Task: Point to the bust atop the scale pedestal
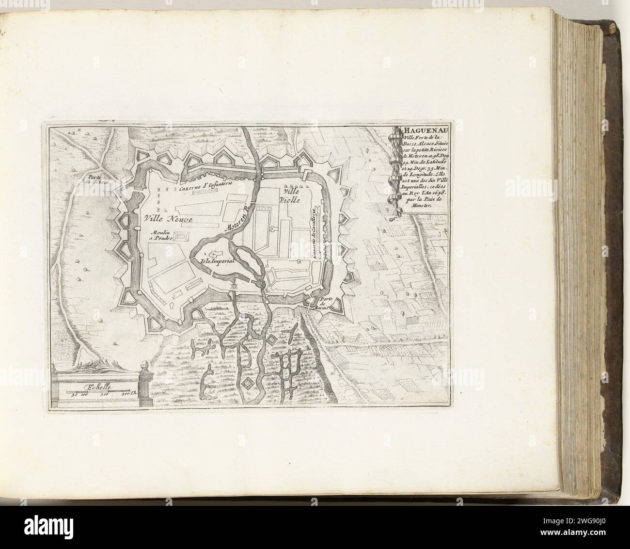(x=143, y=366)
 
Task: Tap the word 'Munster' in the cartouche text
(x=421, y=206)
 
